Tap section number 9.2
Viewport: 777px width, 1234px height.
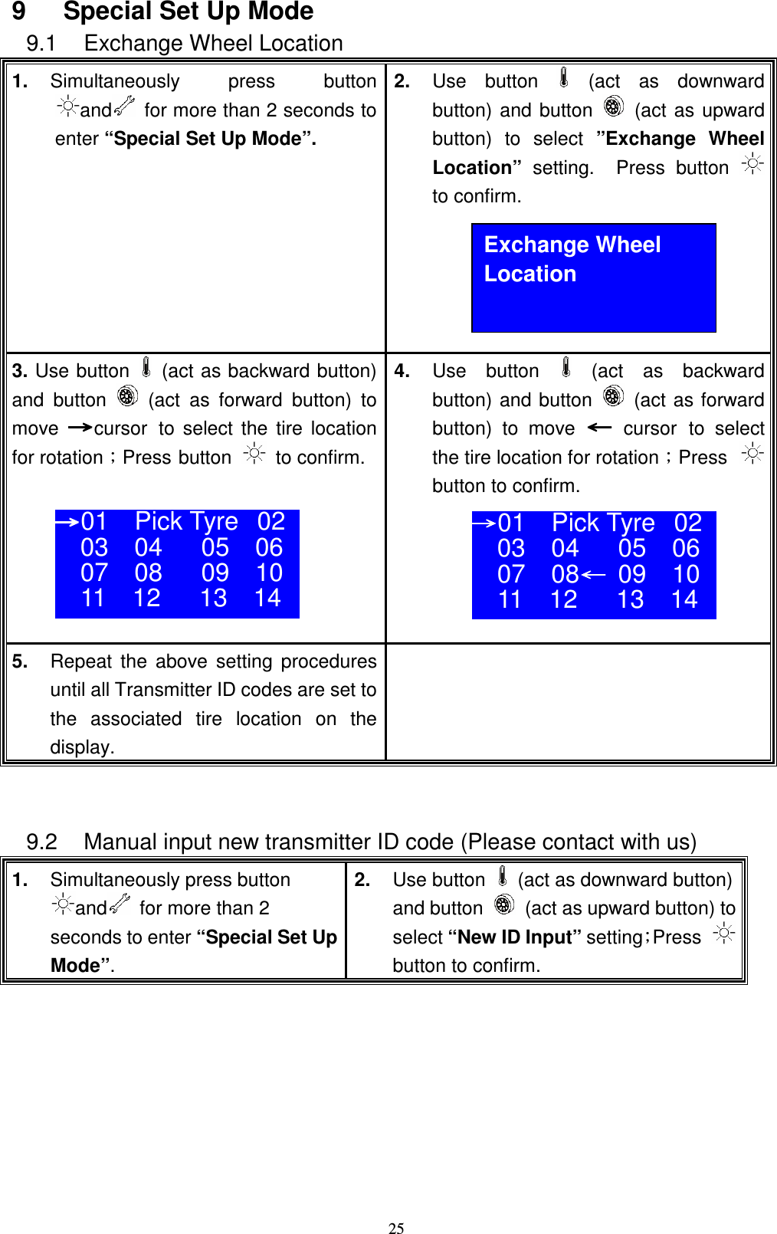pyautogui.click(x=42, y=842)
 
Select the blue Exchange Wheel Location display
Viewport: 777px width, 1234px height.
pyautogui.click(x=593, y=277)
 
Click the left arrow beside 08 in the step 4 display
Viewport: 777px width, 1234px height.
pyautogui.click(x=593, y=573)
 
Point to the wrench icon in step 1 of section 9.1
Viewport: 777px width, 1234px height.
pyautogui.click(x=124, y=107)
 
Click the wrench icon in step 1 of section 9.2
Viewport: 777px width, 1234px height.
pyautogui.click(x=120, y=904)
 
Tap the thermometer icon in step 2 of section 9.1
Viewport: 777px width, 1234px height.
pyautogui.click(x=564, y=77)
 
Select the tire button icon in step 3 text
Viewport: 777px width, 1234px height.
pyautogui.click(x=127, y=396)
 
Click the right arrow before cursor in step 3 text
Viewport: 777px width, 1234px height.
pyautogui.click(x=80, y=428)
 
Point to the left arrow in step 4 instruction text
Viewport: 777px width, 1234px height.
pyautogui.click(x=599, y=427)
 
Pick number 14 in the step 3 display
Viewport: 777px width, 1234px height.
pyautogui.click(x=267, y=598)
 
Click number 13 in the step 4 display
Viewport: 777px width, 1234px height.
pyautogui.click(x=631, y=599)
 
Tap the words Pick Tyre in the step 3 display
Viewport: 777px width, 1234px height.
pyautogui.click(x=186, y=521)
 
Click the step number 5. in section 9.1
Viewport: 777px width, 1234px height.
pyautogui.click(x=20, y=661)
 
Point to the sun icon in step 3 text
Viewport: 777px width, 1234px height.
pyautogui.click(x=254, y=454)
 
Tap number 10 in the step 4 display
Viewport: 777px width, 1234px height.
pyautogui.click(x=686, y=574)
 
